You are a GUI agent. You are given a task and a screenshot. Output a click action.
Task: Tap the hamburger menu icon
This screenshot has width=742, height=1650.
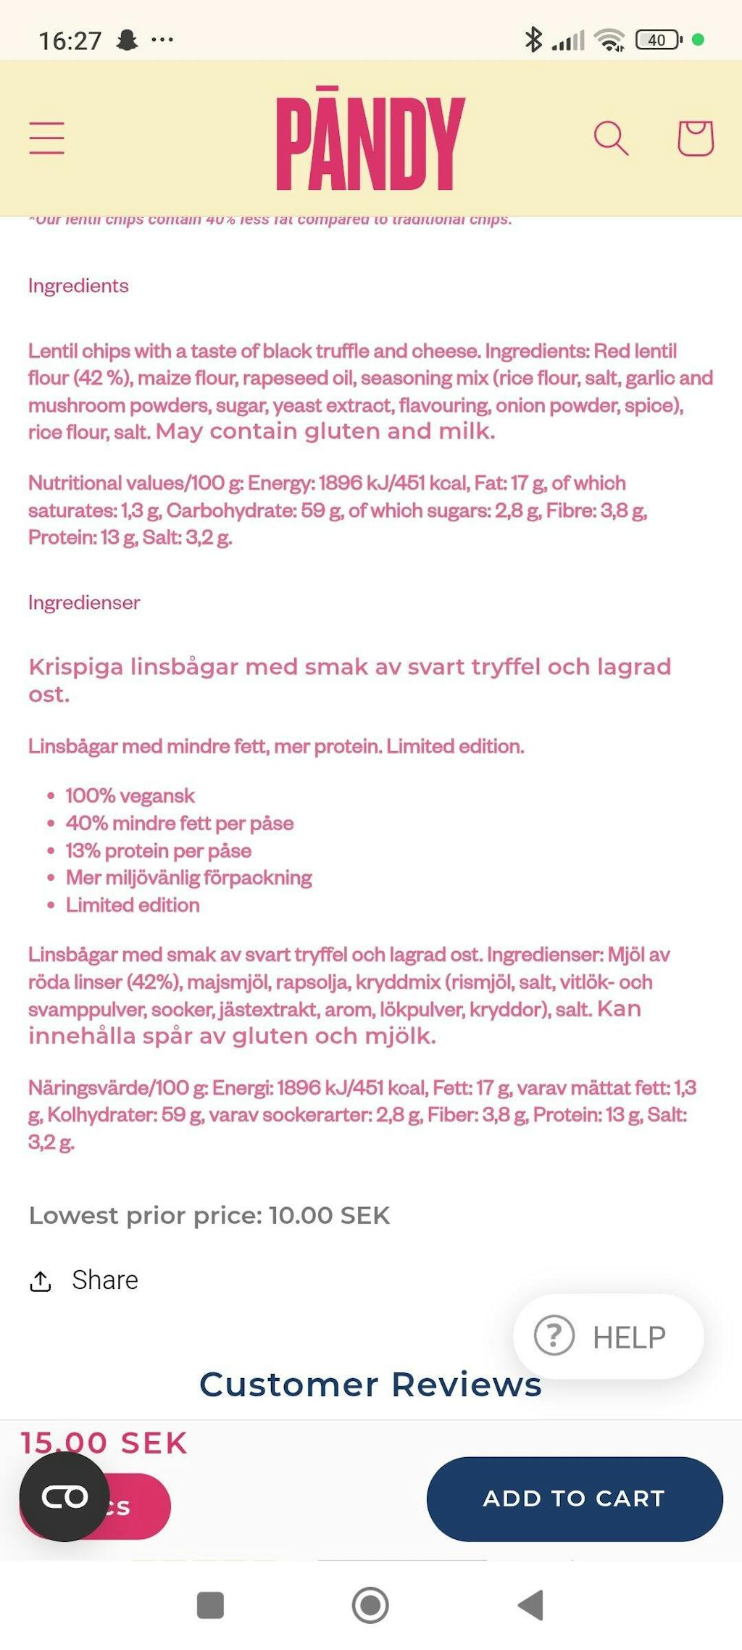click(x=47, y=138)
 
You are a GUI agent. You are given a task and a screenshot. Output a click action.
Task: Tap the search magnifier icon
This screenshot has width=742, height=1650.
click(x=611, y=138)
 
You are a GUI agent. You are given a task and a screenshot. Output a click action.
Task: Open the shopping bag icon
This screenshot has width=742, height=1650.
click(x=695, y=138)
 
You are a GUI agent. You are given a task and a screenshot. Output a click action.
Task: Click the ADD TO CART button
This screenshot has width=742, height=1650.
click(x=575, y=1498)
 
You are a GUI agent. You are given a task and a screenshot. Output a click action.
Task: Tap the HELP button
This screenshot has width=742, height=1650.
click(x=609, y=1337)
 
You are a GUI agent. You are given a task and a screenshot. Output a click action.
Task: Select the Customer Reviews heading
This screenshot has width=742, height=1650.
click(x=370, y=1385)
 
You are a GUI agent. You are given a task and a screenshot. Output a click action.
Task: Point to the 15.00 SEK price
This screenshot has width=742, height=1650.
click(x=104, y=1443)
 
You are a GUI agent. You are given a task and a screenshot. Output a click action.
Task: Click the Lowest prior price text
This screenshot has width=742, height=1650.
click(x=209, y=1216)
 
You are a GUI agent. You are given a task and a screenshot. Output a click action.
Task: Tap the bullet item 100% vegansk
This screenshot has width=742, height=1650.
click(x=130, y=796)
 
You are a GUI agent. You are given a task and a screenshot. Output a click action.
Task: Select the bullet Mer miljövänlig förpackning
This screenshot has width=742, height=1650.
click(x=189, y=878)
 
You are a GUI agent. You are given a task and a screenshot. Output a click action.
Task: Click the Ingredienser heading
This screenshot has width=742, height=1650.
click(x=84, y=602)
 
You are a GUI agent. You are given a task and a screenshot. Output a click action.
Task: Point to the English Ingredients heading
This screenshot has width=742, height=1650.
click(x=78, y=286)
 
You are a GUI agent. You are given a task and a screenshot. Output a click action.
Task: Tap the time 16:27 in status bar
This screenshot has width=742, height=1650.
click(x=70, y=41)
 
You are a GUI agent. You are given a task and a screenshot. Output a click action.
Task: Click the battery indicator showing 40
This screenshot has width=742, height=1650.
click(x=658, y=40)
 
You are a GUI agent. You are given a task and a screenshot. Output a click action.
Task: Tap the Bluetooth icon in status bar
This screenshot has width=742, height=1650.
click(x=533, y=40)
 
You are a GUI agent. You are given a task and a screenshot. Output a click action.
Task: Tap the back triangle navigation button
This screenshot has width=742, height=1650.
click(x=531, y=1605)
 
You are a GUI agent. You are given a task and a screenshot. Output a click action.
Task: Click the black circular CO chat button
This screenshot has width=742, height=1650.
click(x=64, y=1496)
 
